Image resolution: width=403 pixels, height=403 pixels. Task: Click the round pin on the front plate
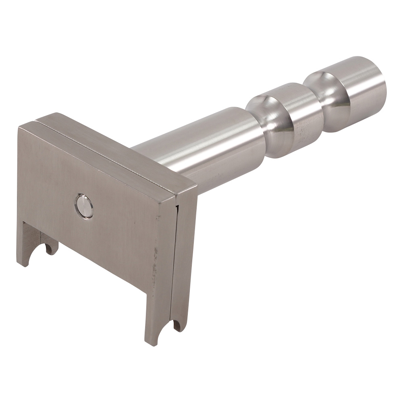click(x=84, y=206)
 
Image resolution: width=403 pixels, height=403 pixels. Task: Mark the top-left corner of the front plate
click(x=19, y=128)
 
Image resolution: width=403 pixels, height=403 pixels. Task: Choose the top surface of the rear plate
click(x=121, y=149)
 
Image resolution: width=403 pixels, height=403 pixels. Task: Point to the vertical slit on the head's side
click(x=177, y=262)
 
